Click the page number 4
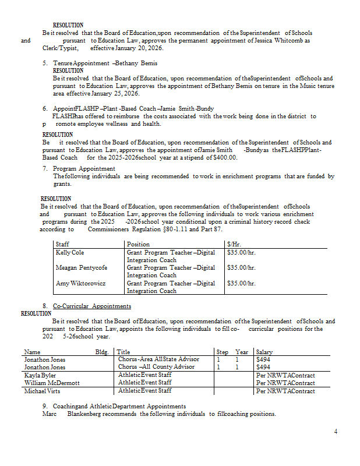[x=336, y=431]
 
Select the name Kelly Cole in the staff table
[x=69, y=253]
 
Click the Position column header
[x=139, y=245]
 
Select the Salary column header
[x=264, y=352]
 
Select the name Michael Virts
[x=42, y=391]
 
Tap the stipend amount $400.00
[x=225, y=157]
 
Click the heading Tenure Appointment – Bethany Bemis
[x=105, y=63]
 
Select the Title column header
[x=123, y=352]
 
